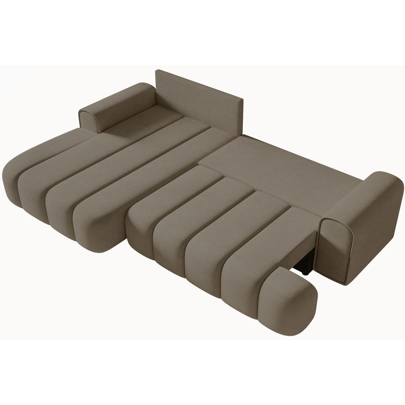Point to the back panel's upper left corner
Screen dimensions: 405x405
156,71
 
